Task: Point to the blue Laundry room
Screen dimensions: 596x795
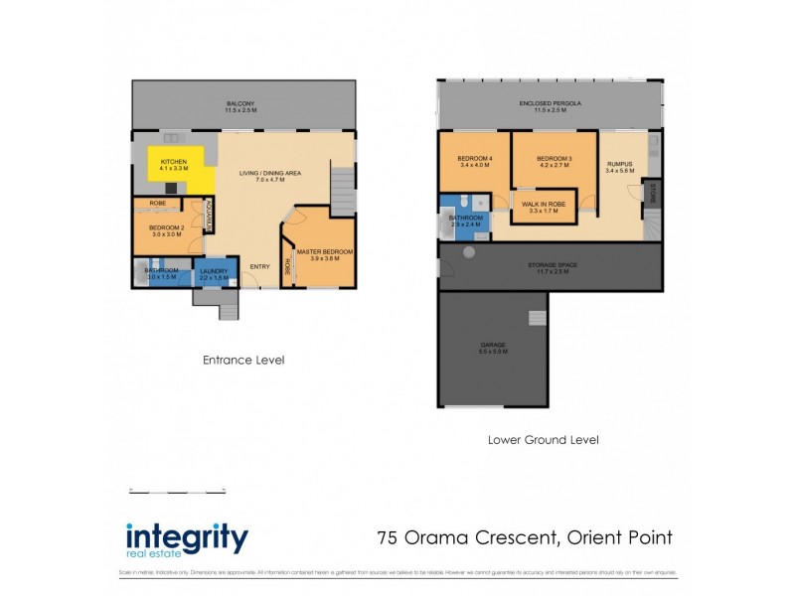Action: tap(214, 274)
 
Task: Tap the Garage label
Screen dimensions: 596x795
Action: tap(493, 348)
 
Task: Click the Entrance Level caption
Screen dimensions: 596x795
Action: tap(242, 360)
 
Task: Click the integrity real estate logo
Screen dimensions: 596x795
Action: tap(187, 539)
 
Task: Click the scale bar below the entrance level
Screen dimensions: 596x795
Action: tap(178, 490)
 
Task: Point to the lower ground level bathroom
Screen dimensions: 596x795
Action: tap(465, 221)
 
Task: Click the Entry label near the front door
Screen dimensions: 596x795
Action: tap(259, 266)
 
